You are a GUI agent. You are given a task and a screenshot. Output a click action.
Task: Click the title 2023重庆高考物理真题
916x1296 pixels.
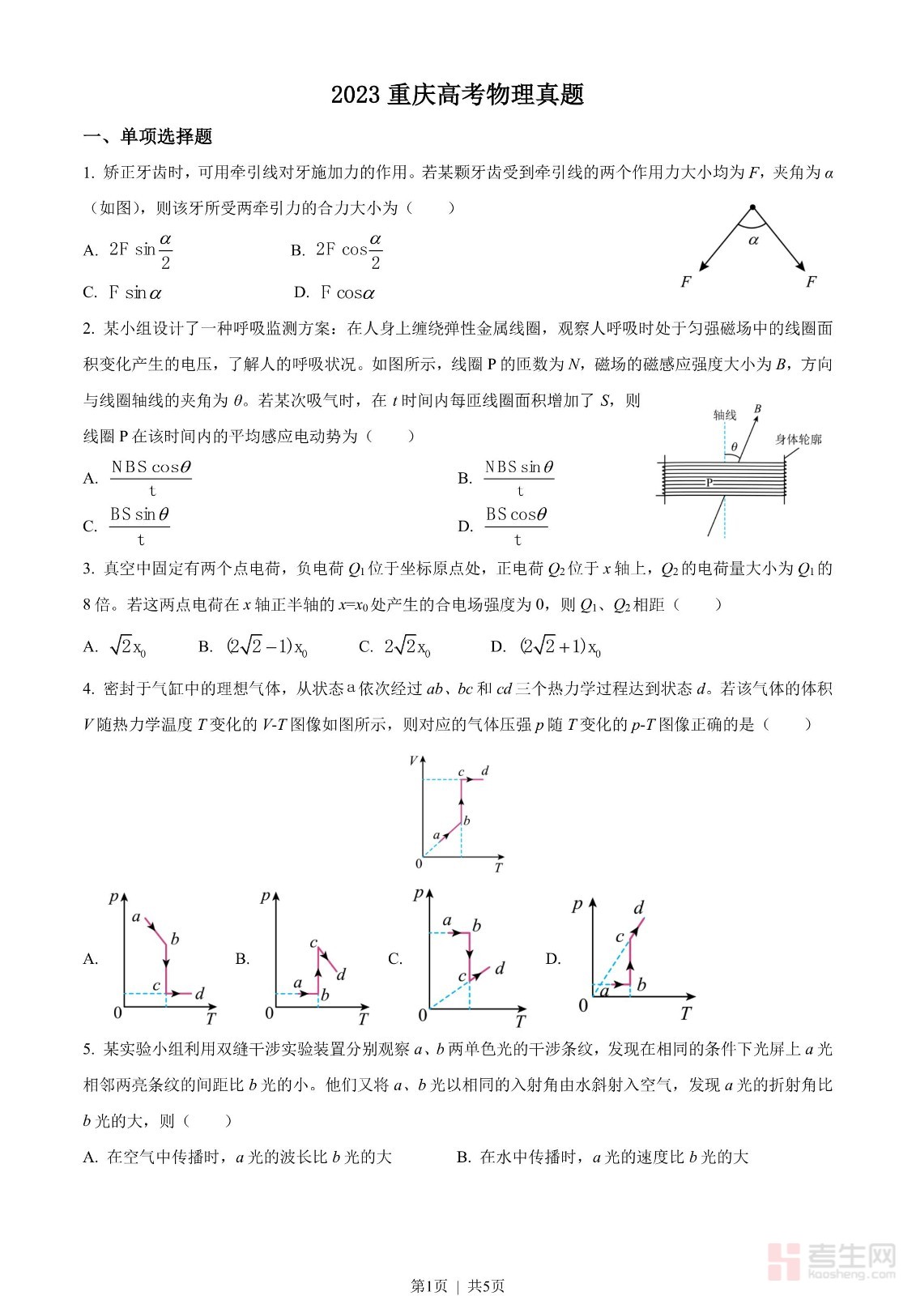(458, 95)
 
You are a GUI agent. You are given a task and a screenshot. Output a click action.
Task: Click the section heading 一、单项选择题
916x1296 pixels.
(148, 137)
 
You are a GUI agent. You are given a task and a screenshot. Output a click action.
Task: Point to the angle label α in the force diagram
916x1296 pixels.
(754, 240)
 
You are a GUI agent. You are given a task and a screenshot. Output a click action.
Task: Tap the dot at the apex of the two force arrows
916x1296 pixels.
(752, 207)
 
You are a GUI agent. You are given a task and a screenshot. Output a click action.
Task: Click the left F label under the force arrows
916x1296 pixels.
(686, 282)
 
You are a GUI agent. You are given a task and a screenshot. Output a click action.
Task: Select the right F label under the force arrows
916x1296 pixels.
(811, 282)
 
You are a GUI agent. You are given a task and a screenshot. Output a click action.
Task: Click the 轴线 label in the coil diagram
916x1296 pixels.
(725, 416)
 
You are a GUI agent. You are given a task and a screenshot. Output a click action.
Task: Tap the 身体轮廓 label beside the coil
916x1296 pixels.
(799, 440)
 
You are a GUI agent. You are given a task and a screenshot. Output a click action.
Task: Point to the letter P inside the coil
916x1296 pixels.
(709, 483)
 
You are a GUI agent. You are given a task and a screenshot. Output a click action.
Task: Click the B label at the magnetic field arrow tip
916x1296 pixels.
(757, 409)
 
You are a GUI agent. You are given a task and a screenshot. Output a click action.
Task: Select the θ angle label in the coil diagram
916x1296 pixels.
(735, 446)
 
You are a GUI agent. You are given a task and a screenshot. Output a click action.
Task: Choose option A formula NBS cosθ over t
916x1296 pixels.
(151, 478)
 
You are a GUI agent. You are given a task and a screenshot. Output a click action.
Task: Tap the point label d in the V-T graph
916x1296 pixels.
(485, 770)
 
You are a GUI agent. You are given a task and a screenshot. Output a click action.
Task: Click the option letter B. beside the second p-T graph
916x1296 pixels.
(242, 959)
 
